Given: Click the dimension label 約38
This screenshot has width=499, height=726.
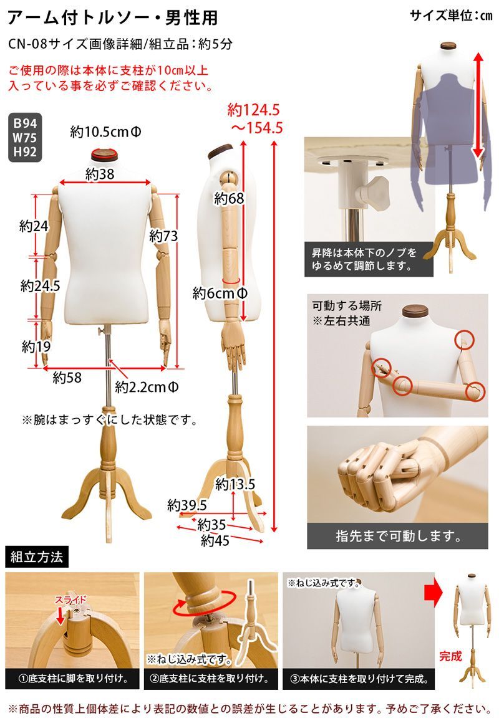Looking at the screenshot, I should pos(100,174).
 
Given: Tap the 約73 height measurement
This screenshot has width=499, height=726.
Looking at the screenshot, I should pos(163,236).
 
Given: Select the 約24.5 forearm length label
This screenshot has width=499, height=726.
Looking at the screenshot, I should pos(40,286).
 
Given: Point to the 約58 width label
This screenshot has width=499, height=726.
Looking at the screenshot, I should pos(67,377).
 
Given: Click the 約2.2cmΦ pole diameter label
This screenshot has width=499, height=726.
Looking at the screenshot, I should pos(148,388).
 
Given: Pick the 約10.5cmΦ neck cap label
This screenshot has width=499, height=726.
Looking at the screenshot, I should pos(105,132).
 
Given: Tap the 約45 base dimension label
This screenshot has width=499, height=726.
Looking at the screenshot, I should pos(215,541).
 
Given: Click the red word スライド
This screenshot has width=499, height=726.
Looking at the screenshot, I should pos(70,599).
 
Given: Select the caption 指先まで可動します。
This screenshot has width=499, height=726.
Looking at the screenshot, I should pos(398,535).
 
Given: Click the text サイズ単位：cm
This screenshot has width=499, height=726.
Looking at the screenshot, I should pos(450,16).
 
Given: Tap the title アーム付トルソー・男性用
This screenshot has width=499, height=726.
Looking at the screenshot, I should pos(113,18).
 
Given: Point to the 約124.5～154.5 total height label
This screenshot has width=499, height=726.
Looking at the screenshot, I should pos(256,119).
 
